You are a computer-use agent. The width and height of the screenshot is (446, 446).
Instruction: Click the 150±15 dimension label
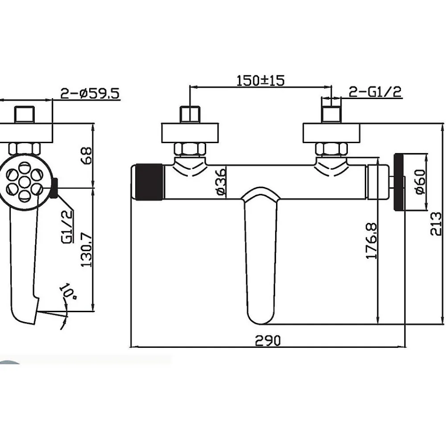click(260, 80)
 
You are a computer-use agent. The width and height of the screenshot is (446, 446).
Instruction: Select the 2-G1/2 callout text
click(375, 92)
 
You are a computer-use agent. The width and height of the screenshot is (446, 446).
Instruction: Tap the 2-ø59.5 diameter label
click(90, 93)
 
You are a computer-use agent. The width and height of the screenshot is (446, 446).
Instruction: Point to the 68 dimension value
click(87, 155)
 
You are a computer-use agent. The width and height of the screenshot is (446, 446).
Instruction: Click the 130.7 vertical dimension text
click(87, 249)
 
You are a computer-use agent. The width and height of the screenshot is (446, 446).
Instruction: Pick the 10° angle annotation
click(68, 290)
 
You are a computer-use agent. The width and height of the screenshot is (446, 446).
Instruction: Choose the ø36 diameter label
click(221, 182)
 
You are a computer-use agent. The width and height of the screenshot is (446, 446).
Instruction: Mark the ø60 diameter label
click(421, 182)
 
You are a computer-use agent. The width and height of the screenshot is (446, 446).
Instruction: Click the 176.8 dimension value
click(372, 241)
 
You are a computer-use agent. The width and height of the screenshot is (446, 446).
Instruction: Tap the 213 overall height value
click(436, 223)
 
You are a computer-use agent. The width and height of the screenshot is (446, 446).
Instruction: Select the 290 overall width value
click(268, 340)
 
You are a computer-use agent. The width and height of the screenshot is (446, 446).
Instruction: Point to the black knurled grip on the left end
click(149, 182)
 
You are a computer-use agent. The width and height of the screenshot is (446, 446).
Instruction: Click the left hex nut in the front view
click(190, 149)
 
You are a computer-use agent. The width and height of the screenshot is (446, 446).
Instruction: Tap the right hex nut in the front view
click(331, 149)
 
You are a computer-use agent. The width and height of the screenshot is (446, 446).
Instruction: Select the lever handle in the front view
click(261, 255)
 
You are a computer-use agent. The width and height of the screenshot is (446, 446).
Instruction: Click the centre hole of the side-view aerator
click(25, 181)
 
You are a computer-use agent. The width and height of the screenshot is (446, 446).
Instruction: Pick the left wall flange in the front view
click(190, 133)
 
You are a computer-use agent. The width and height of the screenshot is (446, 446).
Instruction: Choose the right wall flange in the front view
click(331, 133)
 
